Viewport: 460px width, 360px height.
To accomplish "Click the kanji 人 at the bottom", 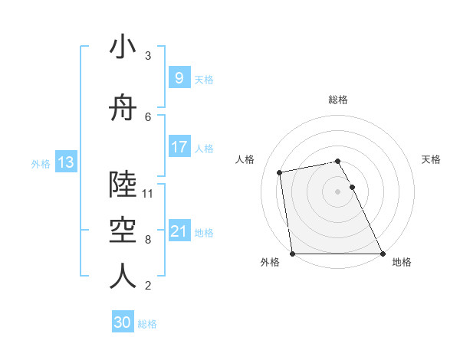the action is pyautogui.click(x=123, y=277).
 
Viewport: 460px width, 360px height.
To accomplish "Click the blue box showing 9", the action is pyautogui.click(x=179, y=78).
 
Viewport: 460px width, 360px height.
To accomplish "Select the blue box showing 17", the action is pyautogui.click(x=179, y=147).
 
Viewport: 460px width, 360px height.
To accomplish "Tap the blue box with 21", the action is pyautogui.click(x=179, y=231).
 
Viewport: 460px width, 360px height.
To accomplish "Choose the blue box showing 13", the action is pyautogui.click(x=65, y=162).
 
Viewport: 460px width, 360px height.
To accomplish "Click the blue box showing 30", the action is pyautogui.click(x=122, y=323).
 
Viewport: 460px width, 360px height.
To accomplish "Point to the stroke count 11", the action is pyautogui.click(x=149, y=193).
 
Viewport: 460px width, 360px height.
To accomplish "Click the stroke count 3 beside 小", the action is pyautogui.click(x=148, y=56).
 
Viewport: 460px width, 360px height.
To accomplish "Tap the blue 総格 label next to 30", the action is pyautogui.click(x=148, y=324).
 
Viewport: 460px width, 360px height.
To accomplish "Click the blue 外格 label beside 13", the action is pyautogui.click(x=41, y=163).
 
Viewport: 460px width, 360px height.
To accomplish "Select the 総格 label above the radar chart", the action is pyautogui.click(x=338, y=100).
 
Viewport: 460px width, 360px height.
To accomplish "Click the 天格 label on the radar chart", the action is pyautogui.click(x=432, y=159).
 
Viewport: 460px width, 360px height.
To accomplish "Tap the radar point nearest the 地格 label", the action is pyautogui.click(x=383, y=254).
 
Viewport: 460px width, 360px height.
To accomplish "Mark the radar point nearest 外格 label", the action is pyautogui.click(x=292, y=254).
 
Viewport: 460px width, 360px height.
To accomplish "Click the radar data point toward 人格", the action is pyautogui.click(x=281, y=172).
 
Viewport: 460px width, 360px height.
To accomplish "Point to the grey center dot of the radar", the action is pyautogui.click(x=337, y=191).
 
